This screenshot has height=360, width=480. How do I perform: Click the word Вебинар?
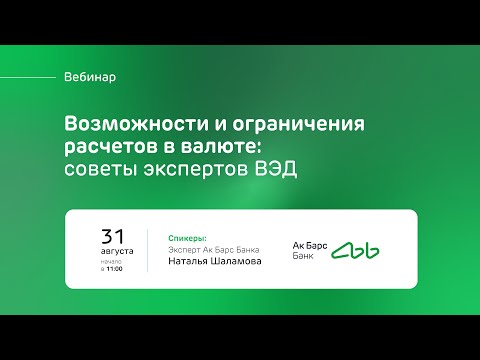click(x=89, y=77)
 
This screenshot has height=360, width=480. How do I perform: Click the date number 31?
click(x=113, y=236)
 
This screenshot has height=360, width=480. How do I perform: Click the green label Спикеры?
click(x=183, y=238)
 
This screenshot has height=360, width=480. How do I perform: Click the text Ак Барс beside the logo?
click(x=307, y=245)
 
